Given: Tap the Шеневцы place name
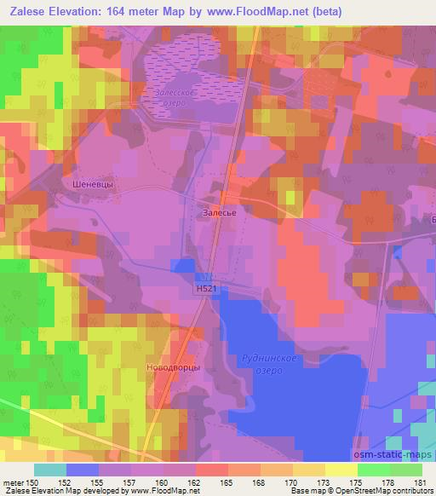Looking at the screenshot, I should click(x=92, y=182).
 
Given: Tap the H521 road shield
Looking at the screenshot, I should click(x=205, y=290).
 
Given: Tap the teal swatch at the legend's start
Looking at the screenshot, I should click(x=50, y=470).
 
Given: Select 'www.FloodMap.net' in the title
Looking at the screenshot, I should click(x=290, y=11).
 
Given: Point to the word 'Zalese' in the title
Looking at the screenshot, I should click(x=30, y=11).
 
